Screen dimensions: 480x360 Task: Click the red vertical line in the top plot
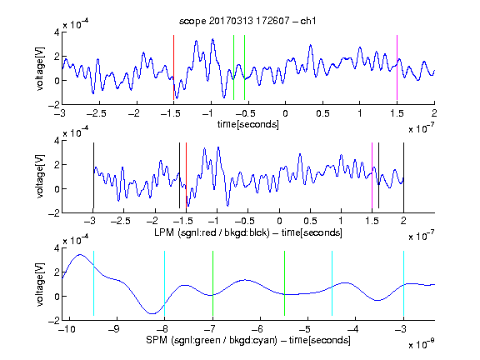click(173, 67)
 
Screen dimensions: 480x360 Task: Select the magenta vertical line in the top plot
click(397, 67)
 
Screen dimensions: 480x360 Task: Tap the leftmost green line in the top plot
click(233, 67)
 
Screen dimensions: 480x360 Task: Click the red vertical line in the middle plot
click(186, 175)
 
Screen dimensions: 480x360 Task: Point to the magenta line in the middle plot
click(372, 175)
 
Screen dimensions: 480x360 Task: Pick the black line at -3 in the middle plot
click(93, 175)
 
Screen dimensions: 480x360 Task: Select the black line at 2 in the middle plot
click(403, 175)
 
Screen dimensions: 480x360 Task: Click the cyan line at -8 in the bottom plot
click(164, 283)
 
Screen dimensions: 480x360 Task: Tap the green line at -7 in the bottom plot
click(212, 283)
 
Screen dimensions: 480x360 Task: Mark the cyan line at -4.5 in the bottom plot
click(332, 283)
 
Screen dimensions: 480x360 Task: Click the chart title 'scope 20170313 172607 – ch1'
click(247, 21)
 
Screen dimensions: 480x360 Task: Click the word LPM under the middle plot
click(164, 232)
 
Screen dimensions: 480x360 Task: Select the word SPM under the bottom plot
click(157, 340)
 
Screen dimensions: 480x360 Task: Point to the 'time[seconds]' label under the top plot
click(248, 124)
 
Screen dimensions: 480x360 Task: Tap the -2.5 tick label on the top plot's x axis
click(96, 113)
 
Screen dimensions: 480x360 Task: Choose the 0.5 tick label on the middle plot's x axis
click(310, 221)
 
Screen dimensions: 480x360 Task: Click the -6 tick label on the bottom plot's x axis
click(260, 329)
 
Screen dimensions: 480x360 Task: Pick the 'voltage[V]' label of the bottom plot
click(40, 284)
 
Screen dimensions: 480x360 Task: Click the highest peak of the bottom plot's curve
click(80, 254)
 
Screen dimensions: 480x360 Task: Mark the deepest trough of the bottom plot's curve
click(152, 313)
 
